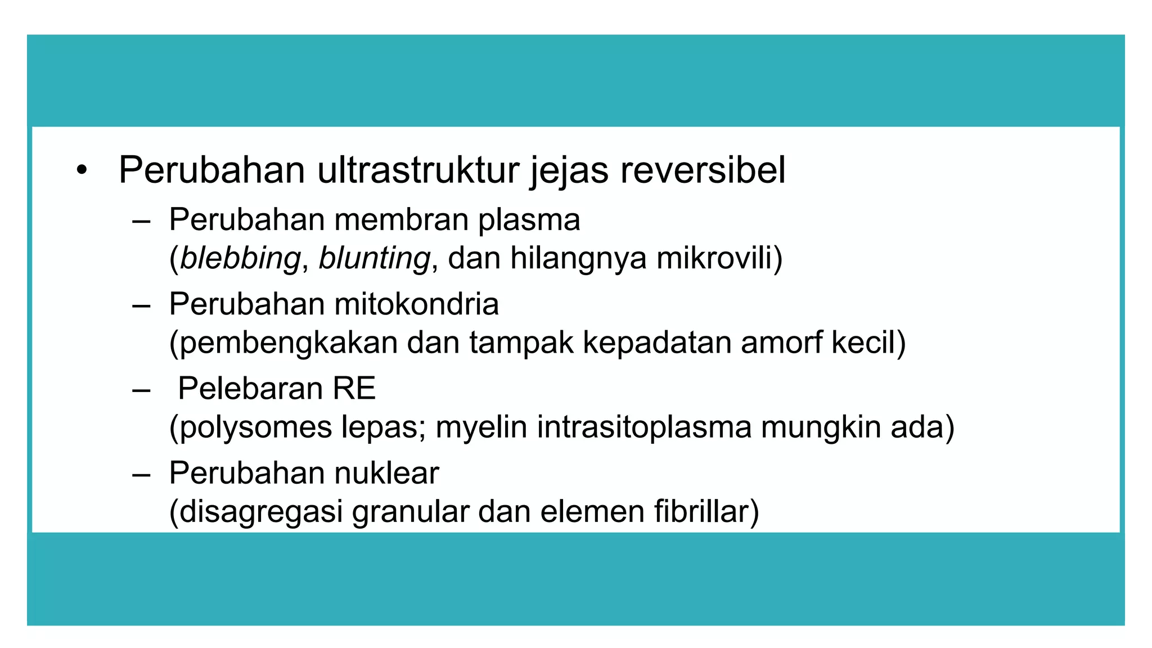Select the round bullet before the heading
82,170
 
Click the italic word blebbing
240,258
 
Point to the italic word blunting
374,258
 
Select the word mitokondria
416,304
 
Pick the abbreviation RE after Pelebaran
354,389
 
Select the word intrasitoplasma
644,427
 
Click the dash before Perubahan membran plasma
141,222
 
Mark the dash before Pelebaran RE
141,390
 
